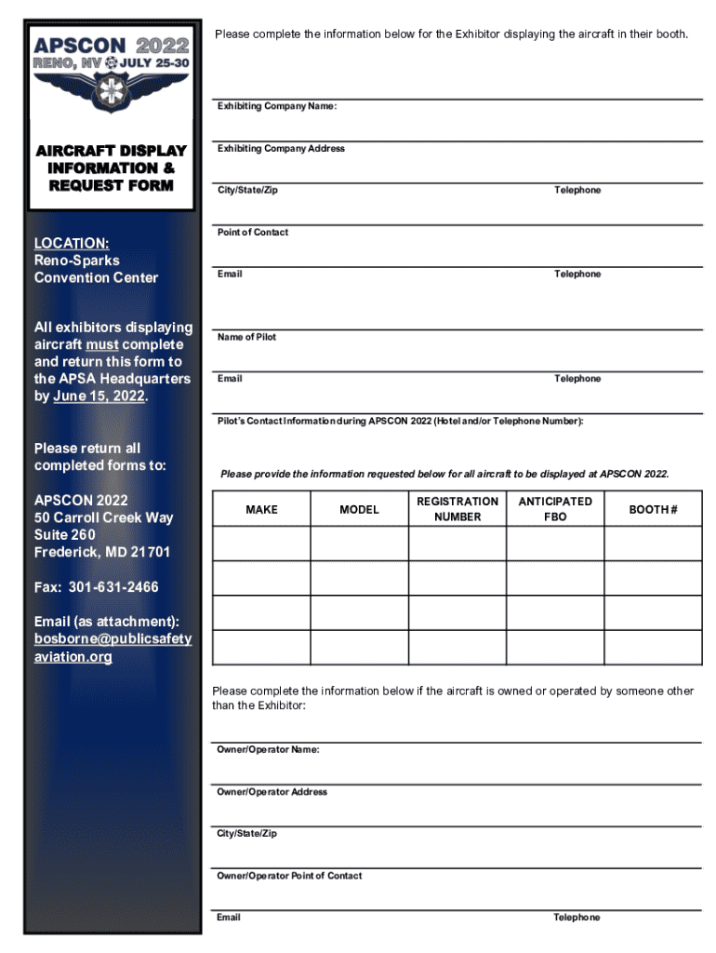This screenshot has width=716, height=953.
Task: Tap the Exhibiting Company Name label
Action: tap(276, 107)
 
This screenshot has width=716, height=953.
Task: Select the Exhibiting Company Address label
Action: tap(281, 149)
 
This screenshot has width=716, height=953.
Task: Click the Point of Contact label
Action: tap(253, 233)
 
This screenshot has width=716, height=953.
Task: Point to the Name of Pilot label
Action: tap(246, 337)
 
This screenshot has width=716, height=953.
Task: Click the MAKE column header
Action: tap(261, 510)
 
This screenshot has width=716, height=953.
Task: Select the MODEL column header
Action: tap(359, 510)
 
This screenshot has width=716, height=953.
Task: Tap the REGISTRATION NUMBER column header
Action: tap(457, 509)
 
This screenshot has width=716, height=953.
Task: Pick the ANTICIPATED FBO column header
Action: tap(555, 509)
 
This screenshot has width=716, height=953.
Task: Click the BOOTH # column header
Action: tap(653, 510)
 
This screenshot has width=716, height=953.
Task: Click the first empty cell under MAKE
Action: tap(261, 544)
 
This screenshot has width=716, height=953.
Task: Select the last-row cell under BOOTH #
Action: tap(653, 647)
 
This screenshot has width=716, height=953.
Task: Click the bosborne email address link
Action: tap(113, 648)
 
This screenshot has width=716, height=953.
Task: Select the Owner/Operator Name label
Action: tap(268, 750)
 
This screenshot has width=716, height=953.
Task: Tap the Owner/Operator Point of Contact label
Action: tap(289, 876)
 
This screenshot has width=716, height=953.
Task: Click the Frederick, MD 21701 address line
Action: tap(102, 552)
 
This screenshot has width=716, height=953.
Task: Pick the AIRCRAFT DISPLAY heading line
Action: tap(111, 151)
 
